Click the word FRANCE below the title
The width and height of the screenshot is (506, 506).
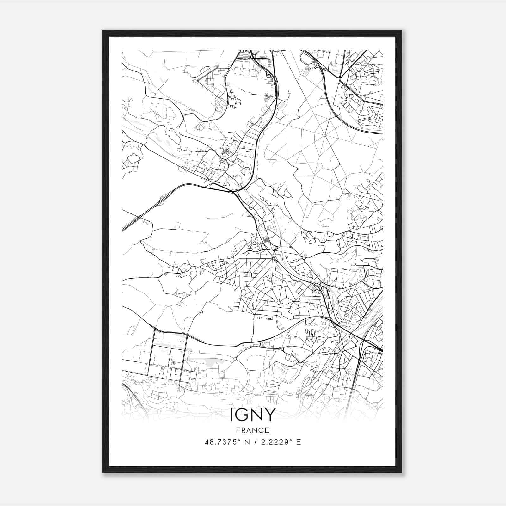coord(252,430)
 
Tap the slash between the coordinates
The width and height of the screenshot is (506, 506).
coord(254,442)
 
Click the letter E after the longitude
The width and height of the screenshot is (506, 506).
coord(298,442)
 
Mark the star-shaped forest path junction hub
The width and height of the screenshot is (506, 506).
coord(325,135)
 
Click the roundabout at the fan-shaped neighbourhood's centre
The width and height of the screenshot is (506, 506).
coord(278,303)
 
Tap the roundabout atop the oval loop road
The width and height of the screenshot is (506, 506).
coord(235,359)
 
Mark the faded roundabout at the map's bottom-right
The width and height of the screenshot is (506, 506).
coord(375,404)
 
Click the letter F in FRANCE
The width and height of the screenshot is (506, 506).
coord(237,430)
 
